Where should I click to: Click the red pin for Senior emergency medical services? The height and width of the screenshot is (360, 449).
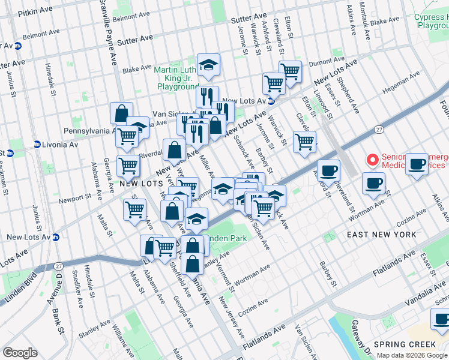tap(372, 160)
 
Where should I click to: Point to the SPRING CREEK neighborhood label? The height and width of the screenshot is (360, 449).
tap(405, 344)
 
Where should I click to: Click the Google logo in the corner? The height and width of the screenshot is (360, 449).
tap(20, 352)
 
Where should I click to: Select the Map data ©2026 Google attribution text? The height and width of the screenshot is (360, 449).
tap(411, 355)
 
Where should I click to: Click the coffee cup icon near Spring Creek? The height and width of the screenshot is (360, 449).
tap(441, 320)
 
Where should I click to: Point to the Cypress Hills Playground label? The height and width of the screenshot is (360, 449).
tap(431, 22)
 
